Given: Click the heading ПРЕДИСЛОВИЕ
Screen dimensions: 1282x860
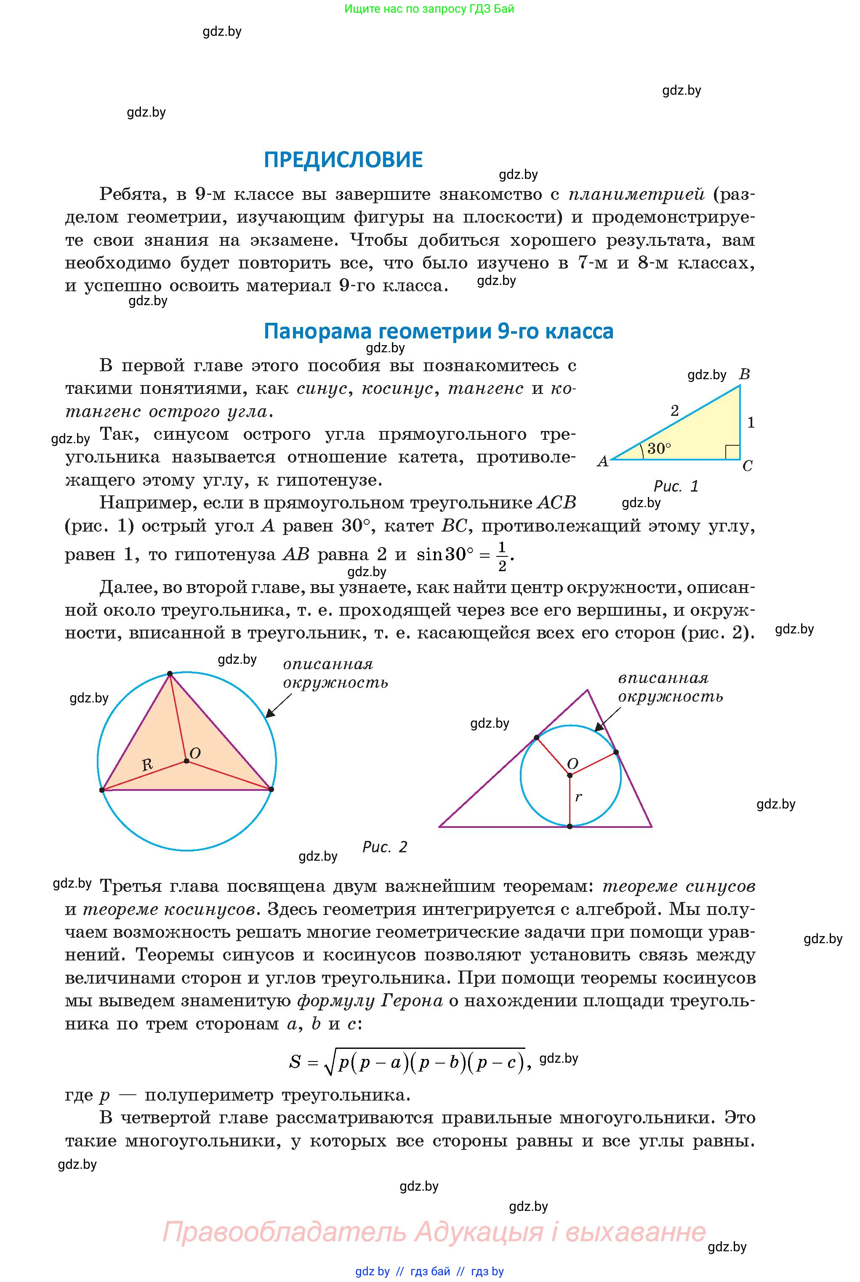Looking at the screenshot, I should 343,160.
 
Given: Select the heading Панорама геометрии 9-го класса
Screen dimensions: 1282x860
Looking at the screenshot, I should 438,331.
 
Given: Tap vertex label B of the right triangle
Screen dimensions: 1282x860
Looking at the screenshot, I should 744,375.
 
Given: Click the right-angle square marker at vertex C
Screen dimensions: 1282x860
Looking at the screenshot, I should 732,452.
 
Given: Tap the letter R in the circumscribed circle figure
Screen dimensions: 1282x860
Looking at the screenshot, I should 147,765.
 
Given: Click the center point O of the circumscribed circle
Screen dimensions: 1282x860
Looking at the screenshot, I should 186,761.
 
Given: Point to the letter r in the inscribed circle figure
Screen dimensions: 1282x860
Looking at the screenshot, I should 578,797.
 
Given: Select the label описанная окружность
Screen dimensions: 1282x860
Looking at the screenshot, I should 335,673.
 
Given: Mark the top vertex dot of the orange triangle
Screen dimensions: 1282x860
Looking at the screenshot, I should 170,673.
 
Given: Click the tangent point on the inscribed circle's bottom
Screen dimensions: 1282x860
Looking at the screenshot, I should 570,826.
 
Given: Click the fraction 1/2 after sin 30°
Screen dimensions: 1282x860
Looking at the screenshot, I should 502,556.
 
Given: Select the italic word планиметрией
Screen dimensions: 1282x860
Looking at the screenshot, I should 636,194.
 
